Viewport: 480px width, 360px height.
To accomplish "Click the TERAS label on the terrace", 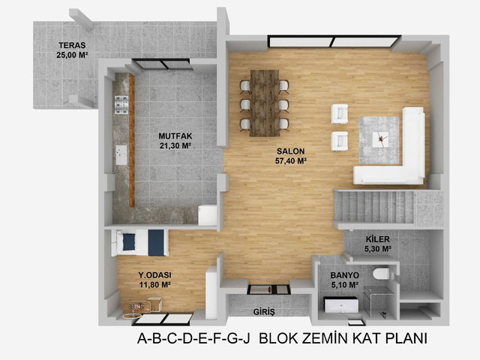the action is click(72, 45).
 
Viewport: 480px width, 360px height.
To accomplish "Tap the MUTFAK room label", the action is click(175, 136).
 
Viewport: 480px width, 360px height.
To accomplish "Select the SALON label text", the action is click(291, 151).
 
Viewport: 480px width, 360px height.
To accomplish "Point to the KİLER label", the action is click(378, 239).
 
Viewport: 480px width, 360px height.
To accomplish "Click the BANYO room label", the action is click(345, 275).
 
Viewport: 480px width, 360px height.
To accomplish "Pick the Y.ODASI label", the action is click(155, 275).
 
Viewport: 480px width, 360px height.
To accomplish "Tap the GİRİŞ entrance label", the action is click(264, 312).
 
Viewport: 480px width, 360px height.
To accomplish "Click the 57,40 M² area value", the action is click(291, 161).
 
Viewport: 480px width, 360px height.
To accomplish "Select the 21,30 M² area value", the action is click(175, 145).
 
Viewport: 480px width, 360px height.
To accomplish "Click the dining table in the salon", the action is click(265, 103).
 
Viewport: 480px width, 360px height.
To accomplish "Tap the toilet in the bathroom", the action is click(382, 273).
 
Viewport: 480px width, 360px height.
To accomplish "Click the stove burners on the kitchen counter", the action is click(121, 105).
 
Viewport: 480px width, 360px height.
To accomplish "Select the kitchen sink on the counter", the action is click(121, 154).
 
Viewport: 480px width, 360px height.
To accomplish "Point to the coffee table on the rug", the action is click(380, 139).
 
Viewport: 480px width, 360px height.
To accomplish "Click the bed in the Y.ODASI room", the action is click(139, 242).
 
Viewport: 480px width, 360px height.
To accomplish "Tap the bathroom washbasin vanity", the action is click(341, 305).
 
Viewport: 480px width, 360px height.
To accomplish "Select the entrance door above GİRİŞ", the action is click(268, 289).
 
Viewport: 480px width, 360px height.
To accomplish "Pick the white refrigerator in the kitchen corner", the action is click(207, 216).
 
